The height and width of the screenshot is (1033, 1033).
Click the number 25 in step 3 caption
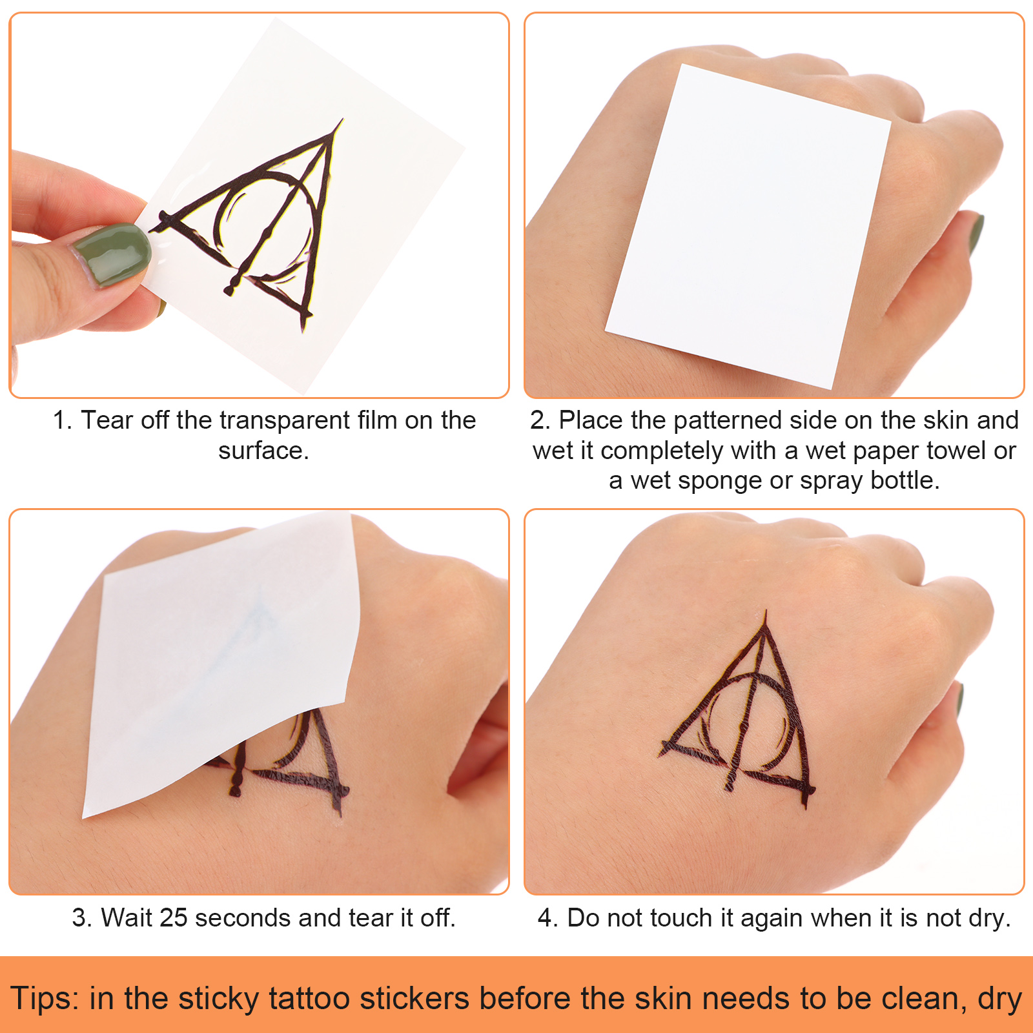click(174, 917)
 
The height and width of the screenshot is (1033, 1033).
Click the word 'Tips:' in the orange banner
click(45, 998)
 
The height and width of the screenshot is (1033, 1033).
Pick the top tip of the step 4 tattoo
click(766, 611)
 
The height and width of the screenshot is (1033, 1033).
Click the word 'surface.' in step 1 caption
click(263, 451)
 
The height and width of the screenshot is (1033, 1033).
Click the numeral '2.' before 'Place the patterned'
click(540, 420)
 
